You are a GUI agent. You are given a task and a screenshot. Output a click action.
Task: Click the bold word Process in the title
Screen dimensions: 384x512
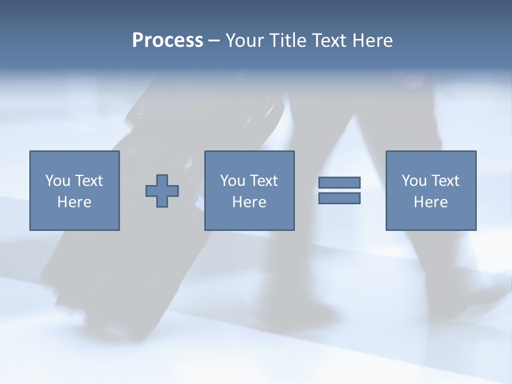167,41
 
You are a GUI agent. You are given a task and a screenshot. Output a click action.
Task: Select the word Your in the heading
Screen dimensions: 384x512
245,41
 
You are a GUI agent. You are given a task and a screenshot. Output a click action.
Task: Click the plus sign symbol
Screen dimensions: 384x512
162,190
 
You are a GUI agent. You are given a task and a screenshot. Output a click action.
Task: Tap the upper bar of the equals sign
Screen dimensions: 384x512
339,182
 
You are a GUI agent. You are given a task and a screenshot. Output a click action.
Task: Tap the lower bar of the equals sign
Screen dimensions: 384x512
339,198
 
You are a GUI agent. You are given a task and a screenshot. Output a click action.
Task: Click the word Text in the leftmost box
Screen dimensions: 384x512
89,181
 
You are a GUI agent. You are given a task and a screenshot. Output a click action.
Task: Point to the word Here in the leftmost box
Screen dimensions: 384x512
74,202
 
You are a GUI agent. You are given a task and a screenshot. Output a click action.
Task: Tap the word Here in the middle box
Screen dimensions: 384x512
249,202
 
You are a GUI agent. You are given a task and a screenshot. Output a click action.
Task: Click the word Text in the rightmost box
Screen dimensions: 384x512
445,181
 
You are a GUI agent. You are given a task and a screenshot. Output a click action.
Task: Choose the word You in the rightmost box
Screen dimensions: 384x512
414,181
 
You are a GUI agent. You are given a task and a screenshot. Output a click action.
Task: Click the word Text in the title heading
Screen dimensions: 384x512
329,41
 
